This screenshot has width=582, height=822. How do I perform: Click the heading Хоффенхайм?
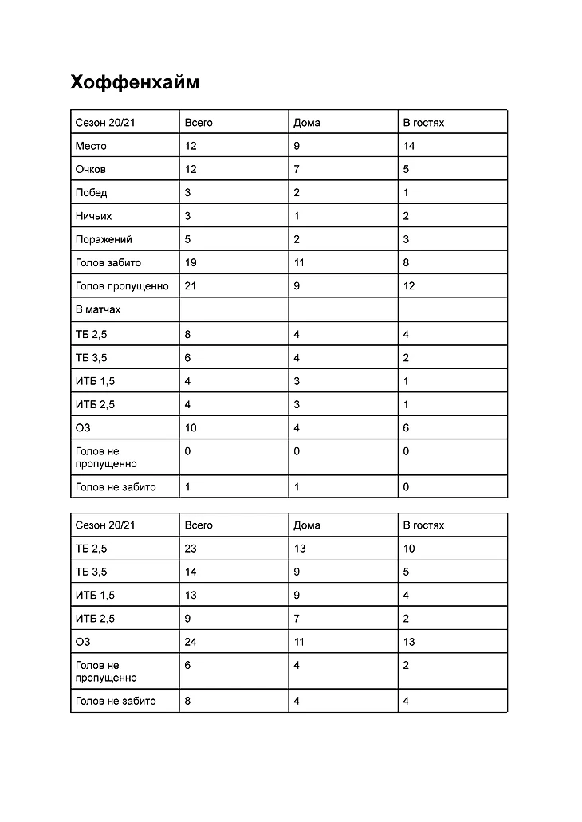click(x=135, y=82)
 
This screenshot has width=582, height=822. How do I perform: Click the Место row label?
click(x=91, y=146)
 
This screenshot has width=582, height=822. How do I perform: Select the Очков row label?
click(x=91, y=169)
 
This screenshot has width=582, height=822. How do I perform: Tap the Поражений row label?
click(x=104, y=239)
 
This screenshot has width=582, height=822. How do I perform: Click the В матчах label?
click(x=98, y=309)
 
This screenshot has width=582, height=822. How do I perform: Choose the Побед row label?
click(x=92, y=192)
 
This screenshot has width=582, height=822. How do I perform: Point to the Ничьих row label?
click(x=94, y=216)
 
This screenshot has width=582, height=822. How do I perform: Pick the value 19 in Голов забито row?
click(x=191, y=262)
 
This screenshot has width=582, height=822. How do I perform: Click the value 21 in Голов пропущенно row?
click(x=191, y=285)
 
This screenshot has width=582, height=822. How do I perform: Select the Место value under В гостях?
click(x=409, y=146)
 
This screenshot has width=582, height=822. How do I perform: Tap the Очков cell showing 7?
click(x=297, y=169)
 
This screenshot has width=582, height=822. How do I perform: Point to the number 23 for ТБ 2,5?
click(x=191, y=549)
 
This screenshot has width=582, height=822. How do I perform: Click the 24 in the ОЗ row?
click(x=191, y=642)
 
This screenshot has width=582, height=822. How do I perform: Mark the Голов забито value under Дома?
click(x=299, y=262)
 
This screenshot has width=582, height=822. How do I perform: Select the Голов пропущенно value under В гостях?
click(x=409, y=285)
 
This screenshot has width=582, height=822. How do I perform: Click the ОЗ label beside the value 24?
click(x=83, y=642)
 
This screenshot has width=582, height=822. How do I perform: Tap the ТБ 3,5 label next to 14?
click(x=92, y=572)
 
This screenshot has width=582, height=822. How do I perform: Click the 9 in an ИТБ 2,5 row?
click(x=187, y=618)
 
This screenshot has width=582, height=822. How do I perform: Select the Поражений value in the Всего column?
click(x=187, y=239)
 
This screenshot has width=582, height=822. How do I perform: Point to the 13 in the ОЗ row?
click(x=409, y=642)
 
